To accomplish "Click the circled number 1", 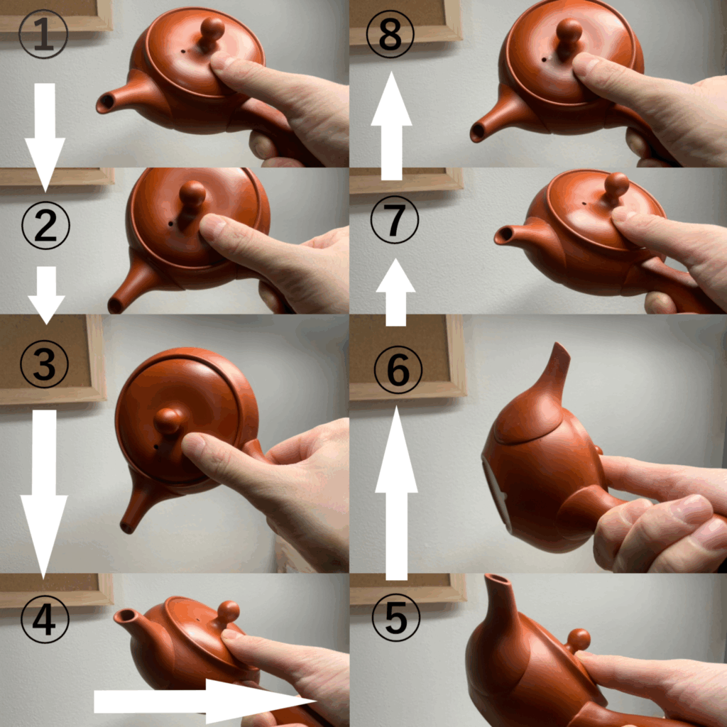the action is click(x=43, y=34).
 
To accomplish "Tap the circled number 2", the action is click(x=45, y=225).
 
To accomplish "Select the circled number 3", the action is click(x=45, y=364).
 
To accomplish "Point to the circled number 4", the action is click(x=45, y=619).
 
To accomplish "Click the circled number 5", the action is click(x=396, y=618).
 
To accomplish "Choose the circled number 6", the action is click(x=398, y=369).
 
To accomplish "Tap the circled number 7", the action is click(x=395, y=220).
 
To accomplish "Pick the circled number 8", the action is click(x=390, y=34).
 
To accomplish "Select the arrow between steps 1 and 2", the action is click(x=45, y=138).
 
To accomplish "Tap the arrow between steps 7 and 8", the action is click(x=392, y=126).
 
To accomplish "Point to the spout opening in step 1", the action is click(x=107, y=102).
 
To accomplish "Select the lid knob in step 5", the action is click(x=578, y=641).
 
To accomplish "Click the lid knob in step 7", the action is click(x=617, y=186).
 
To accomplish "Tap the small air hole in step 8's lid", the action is click(x=543, y=60).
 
